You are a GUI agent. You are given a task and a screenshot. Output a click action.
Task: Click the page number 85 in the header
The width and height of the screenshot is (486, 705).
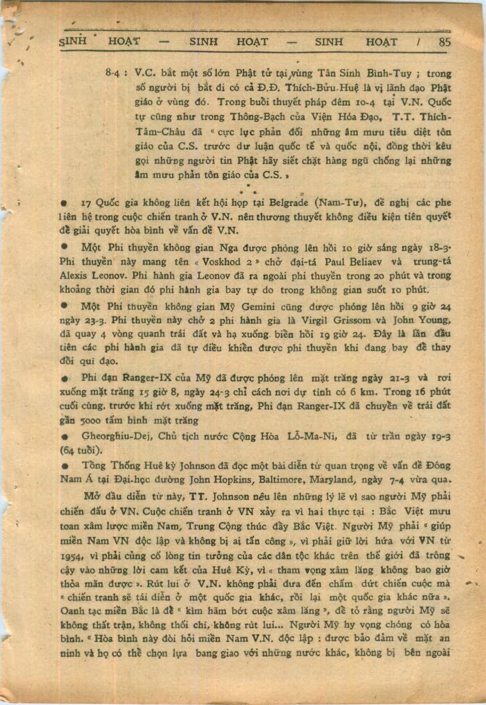click(445, 42)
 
